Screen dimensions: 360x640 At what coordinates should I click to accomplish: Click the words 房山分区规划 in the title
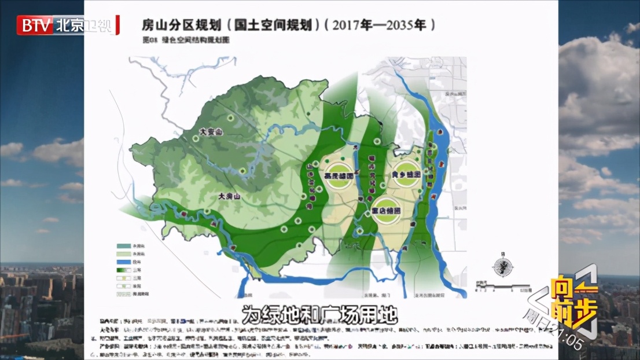180,25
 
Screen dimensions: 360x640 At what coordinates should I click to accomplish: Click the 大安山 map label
211,132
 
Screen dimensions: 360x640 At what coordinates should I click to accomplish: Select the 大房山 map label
229,197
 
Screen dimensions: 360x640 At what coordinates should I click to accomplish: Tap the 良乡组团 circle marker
407,174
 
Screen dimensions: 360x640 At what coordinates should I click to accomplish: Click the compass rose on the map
503,267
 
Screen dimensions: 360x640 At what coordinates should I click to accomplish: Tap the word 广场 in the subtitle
343,317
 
